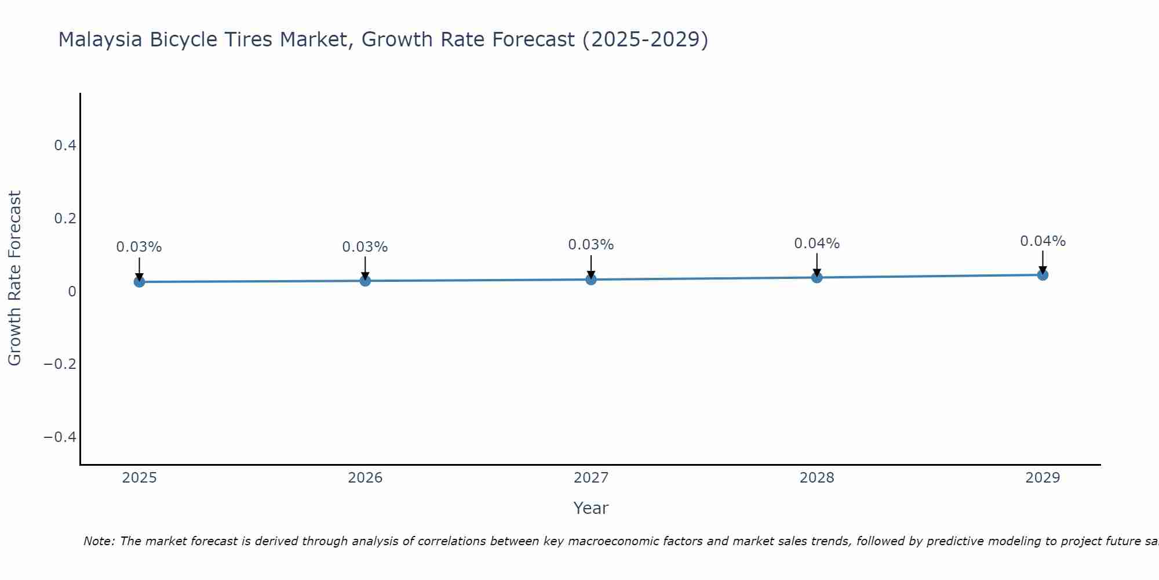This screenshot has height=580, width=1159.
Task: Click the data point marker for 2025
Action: [139, 282]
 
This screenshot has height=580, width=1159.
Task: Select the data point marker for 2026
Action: [365, 281]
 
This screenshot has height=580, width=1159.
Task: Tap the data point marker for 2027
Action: [591, 280]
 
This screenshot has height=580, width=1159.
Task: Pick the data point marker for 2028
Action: [817, 277]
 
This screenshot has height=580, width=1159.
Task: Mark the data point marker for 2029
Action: [1043, 275]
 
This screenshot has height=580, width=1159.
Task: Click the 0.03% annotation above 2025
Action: [139, 247]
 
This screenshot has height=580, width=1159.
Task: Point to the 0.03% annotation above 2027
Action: [591, 245]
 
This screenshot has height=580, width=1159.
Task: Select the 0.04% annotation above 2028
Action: [817, 244]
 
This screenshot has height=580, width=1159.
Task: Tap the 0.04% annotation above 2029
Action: [1043, 241]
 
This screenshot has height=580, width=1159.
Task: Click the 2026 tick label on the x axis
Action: [365, 478]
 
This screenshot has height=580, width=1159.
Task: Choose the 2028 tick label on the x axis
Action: [817, 478]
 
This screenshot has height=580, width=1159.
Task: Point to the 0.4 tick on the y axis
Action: [65, 146]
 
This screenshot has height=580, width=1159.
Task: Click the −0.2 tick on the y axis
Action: [60, 364]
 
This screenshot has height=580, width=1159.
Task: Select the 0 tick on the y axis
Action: [72, 292]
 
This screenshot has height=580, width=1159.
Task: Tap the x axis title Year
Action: [591, 509]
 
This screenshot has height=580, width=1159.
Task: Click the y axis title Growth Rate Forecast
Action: [14, 278]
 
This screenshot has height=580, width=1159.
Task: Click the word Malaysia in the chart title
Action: [100, 40]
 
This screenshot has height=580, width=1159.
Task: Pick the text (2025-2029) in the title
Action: [645, 40]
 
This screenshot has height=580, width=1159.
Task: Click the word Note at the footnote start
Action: [99, 542]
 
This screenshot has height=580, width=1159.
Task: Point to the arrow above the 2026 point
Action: [365, 267]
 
